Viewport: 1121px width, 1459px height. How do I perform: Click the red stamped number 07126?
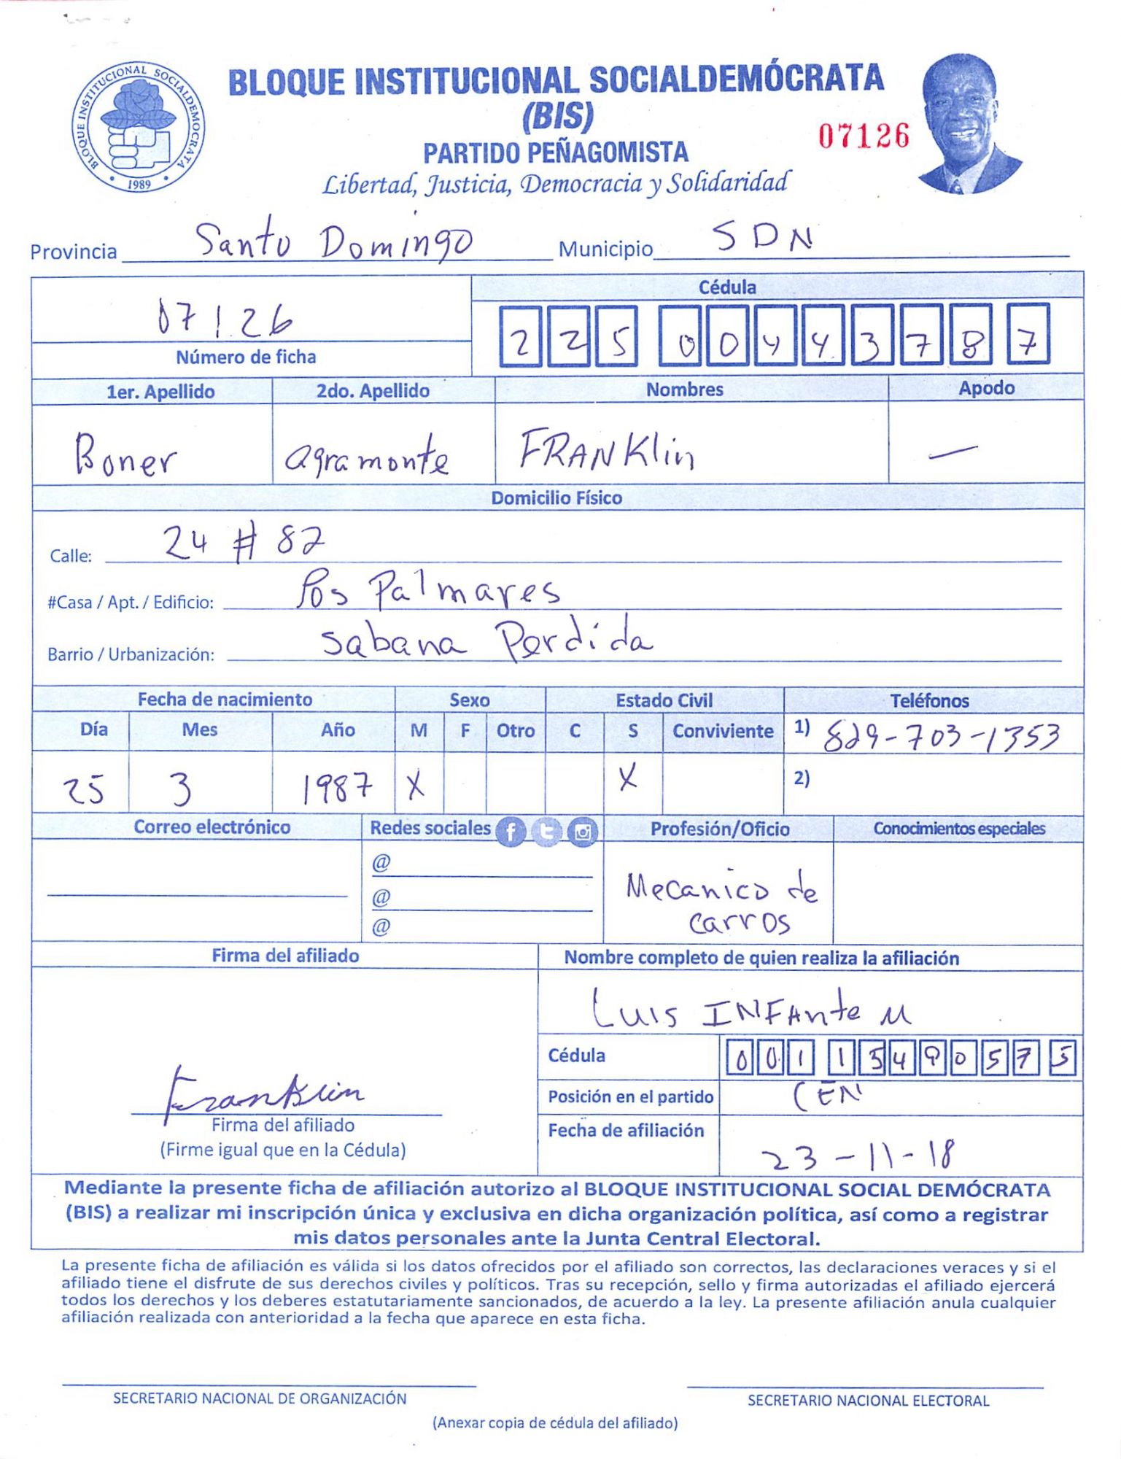[864, 136]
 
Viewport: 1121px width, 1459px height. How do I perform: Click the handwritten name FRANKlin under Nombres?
[607, 450]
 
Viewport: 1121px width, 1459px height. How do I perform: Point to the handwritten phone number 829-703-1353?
[941, 738]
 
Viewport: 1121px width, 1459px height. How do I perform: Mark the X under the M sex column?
[416, 786]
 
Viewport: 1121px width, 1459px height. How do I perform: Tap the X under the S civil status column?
[627, 779]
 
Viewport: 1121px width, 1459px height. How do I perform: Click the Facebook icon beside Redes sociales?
[511, 832]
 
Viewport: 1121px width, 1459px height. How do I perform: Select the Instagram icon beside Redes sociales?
[582, 832]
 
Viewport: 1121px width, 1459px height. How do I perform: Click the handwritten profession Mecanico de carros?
[721, 903]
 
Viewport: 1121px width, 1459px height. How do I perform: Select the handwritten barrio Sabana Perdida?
[487, 640]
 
